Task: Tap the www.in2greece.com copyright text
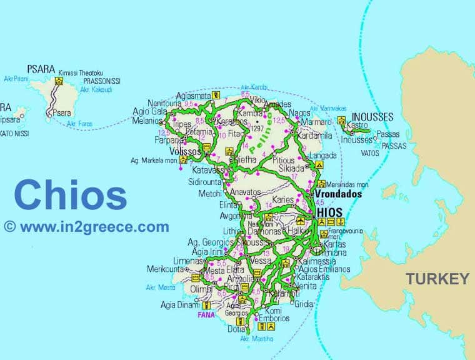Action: [86, 227]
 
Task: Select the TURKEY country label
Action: [437, 279]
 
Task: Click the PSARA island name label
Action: [41, 69]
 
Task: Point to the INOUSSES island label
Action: [372, 117]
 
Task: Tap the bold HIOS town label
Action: [330, 212]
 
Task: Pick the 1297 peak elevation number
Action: [256, 129]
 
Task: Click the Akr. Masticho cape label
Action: [257, 339]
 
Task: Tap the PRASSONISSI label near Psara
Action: [99, 81]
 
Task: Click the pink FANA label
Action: [206, 315]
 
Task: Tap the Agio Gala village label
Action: [149, 112]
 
